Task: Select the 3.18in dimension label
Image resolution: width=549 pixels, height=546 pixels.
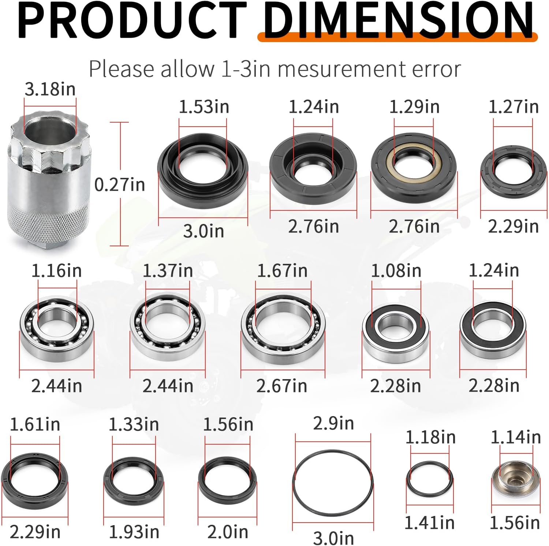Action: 50,89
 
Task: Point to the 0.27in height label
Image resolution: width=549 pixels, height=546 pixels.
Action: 120,184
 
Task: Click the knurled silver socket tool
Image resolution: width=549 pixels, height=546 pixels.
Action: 48,179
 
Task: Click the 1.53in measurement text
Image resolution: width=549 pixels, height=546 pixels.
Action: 204,107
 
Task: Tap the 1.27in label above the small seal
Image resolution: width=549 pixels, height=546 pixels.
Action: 513,107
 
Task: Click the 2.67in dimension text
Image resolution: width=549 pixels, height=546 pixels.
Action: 281,386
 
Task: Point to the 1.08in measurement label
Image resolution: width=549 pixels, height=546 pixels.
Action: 396,271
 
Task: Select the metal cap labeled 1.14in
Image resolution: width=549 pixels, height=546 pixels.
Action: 515,479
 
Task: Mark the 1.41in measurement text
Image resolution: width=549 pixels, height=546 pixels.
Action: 429,523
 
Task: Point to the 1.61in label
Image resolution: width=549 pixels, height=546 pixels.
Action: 35,425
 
